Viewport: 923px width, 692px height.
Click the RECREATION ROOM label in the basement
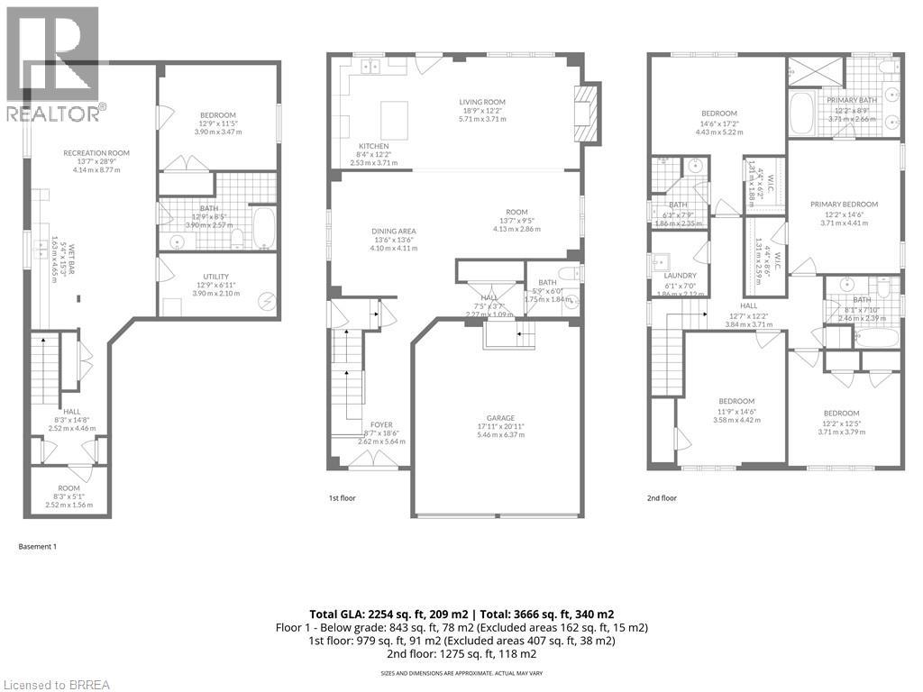pyautogui.click(x=96, y=153)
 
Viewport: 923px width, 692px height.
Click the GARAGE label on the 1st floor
pyautogui.click(x=500, y=417)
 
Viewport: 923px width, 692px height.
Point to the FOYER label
pyautogui.click(x=380, y=424)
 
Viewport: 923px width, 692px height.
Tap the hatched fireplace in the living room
pyautogui.click(x=586, y=113)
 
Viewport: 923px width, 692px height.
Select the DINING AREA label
pyautogui.click(x=393, y=231)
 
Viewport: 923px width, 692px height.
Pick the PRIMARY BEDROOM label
pyautogui.click(x=843, y=205)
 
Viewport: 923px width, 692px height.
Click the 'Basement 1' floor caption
pyautogui.click(x=38, y=546)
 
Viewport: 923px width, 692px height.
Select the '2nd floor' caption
pyautogui.click(x=661, y=497)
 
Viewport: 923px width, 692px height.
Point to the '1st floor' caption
pyautogui.click(x=342, y=497)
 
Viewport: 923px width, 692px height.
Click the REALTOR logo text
pyautogui.click(x=54, y=114)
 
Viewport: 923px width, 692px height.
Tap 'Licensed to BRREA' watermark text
pyautogui.click(x=55, y=684)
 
